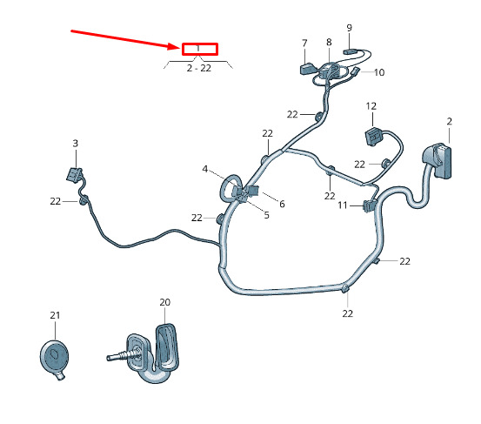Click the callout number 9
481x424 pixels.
coord(350,28)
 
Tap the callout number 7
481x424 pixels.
coord(304,44)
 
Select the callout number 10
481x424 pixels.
coord(379,72)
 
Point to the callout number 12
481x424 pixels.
coord(371,106)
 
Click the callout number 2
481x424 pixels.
coord(450,122)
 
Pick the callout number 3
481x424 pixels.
coord(76,144)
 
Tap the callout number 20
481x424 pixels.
coord(165,302)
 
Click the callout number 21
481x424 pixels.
coord(55,315)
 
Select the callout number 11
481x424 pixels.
coord(343,205)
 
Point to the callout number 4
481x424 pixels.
coord(205,169)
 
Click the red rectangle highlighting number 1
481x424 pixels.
coord(200,49)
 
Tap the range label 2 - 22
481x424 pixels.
coord(199,68)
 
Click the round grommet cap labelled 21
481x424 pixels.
coord(54,357)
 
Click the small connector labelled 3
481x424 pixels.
coord(75,175)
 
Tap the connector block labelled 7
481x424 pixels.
coord(307,69)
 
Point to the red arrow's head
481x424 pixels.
coord(177,47)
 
